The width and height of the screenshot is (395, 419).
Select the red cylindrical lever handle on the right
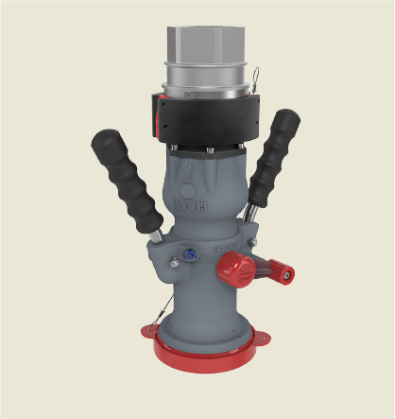coord(276,275)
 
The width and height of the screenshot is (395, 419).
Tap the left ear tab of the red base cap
coord(150,331)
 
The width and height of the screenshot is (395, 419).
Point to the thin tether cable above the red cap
coord(163,305)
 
